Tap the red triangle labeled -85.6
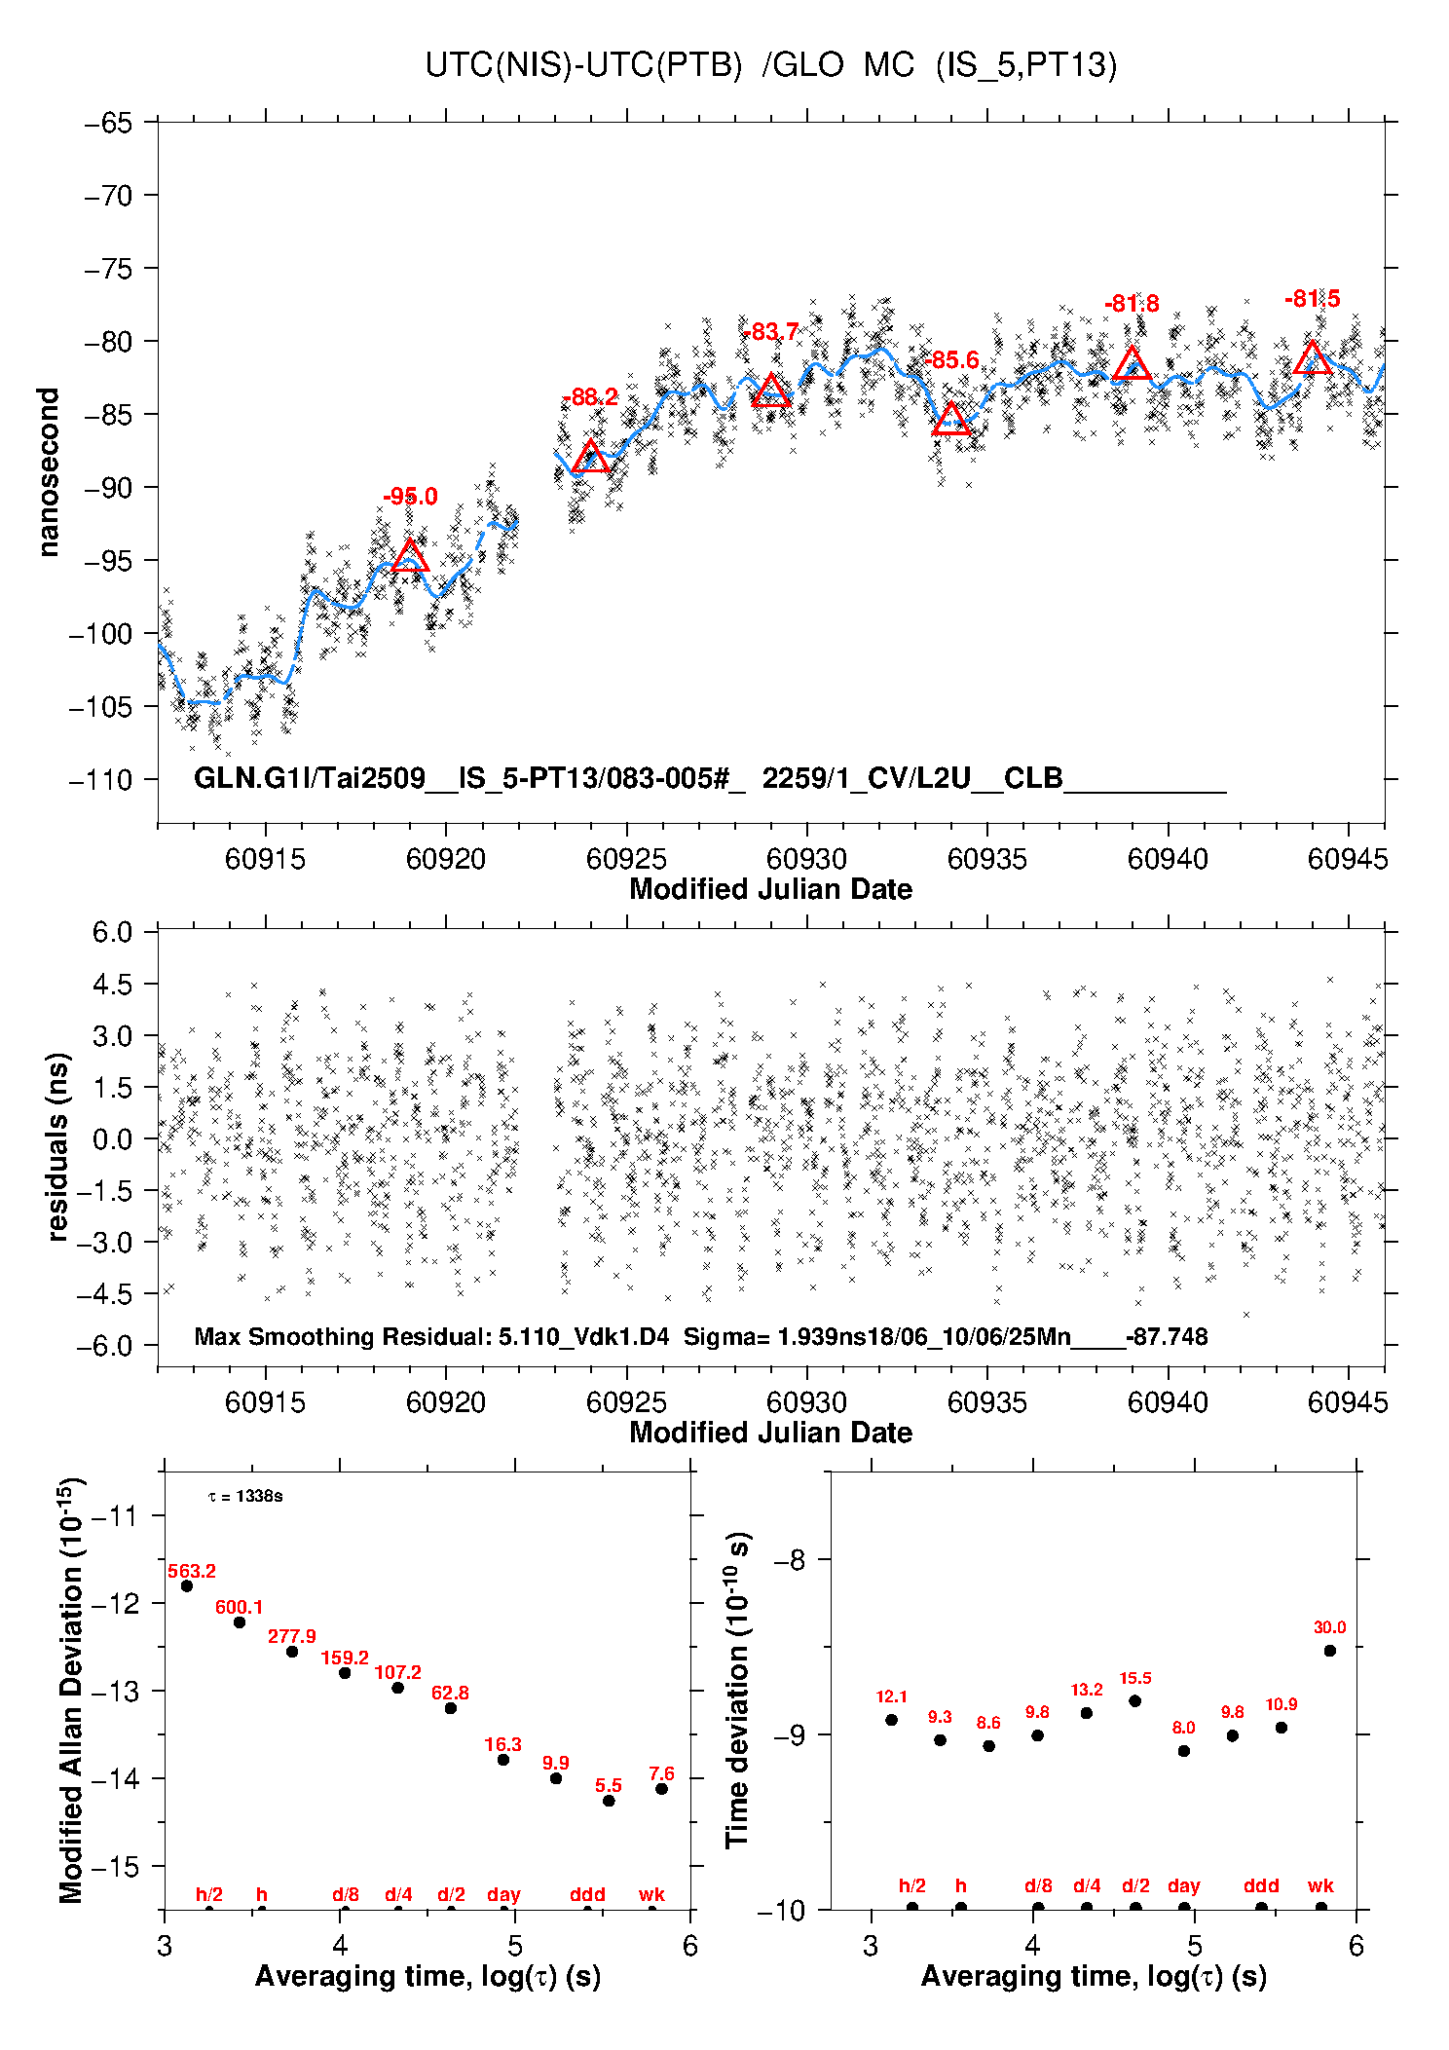tap(950, 420)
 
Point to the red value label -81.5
tap(1312, 299)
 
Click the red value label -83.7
tap(770, 332)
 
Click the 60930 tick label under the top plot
tap(806, 859)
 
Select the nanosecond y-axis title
tap(49, 472)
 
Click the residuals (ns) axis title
tap(58, 1147)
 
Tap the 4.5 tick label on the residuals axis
tap(112, 985)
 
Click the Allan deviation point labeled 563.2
tap(187, 1586)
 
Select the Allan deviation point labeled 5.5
tap(609, 1801)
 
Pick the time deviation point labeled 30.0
tap(1330, 1651)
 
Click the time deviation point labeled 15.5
tap(1135, 1701)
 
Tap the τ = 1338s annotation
tap(245, 1496)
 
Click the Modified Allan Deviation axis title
tap(72, 1691)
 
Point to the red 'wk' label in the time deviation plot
tap(1320, 1885)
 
